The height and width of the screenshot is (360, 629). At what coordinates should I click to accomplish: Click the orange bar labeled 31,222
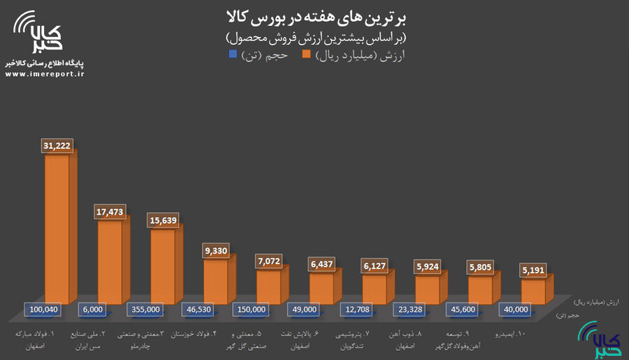(57, 231)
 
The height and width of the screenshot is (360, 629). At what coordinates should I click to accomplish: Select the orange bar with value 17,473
(110, 255)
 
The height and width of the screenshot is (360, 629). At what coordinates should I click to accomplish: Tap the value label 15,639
(164, 219)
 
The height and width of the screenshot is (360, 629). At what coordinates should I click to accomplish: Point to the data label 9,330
(217, 250)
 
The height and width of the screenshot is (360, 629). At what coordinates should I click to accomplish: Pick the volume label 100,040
(41, 309)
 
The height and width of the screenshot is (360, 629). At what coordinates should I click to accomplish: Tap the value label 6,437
(322, 264)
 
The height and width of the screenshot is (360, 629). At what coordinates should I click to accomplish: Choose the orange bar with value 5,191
(533, 292)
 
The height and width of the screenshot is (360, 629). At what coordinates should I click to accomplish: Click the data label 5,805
(481, 266)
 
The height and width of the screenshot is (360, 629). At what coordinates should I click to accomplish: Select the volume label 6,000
(94, 309)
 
